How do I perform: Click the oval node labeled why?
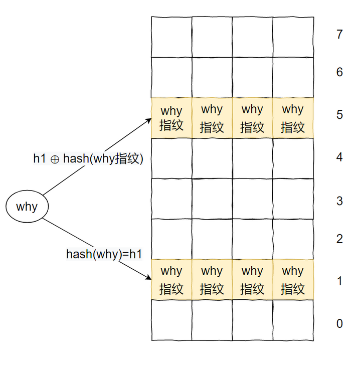pos(27,207)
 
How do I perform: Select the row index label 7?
pos(339,35)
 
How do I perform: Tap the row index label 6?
pos(339,73)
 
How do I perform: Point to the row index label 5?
pos(339,115)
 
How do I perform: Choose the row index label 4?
pos(339,158)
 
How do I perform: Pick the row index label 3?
pos(339,202)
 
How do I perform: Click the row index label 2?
pos(339,239)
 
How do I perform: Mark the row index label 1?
pos(339,281)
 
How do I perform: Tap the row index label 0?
pos(339,324)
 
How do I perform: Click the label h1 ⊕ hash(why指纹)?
pos(88,159)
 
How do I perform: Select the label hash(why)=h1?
pos(104,254)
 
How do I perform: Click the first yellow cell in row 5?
pos(171,118)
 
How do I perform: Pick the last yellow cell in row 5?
pos(293,118)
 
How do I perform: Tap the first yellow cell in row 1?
pos(171,280)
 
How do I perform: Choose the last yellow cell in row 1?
pos(293,280)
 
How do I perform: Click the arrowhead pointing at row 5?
pos(149,120)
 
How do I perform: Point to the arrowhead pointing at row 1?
pos(149,279)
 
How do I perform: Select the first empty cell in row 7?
pos(171,37)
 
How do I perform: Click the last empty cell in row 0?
pos(293,320)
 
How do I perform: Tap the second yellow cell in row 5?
pos(212,118)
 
